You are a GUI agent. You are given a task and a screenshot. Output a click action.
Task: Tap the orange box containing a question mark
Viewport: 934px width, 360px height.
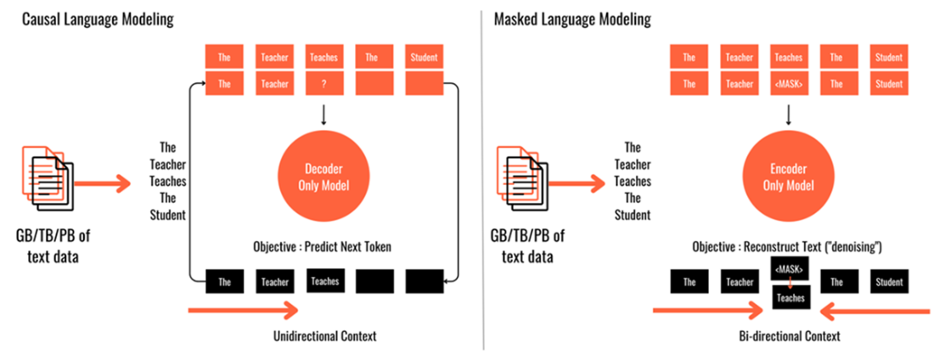[324, 83]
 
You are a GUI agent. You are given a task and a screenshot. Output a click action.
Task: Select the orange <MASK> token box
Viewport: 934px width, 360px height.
[790, 83]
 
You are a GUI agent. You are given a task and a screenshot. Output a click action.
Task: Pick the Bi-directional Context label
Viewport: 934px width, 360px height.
[790, 336]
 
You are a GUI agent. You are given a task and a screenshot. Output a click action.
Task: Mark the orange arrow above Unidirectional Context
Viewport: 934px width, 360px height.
[243, 309]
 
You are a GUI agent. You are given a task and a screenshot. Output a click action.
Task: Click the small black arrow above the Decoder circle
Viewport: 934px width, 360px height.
[324, 115]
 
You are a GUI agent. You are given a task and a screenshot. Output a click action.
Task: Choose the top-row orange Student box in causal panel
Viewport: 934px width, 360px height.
[424, 58]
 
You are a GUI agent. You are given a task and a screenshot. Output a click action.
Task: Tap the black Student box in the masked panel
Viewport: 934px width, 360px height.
[889, 280]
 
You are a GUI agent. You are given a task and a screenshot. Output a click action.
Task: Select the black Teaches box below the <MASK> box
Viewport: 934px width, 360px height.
[790, 298]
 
